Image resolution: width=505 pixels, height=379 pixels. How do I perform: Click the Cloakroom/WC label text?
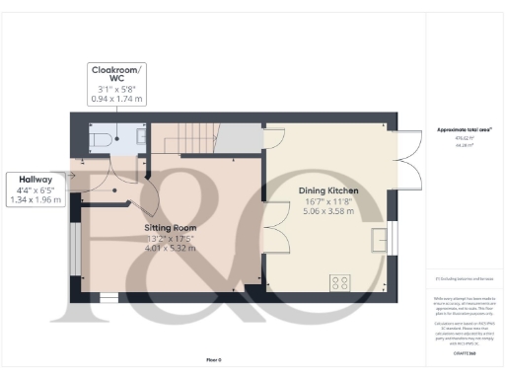(x=117, y=76)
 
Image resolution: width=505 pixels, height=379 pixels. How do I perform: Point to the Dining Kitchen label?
(x=327, y=189)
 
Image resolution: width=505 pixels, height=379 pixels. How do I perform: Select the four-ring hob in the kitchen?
(x=340, y=281)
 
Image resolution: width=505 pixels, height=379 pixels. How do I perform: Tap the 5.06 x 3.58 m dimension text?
(x=327, y=211)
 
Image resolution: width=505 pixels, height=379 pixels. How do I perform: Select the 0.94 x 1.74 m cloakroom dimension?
(x=117, y=99)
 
